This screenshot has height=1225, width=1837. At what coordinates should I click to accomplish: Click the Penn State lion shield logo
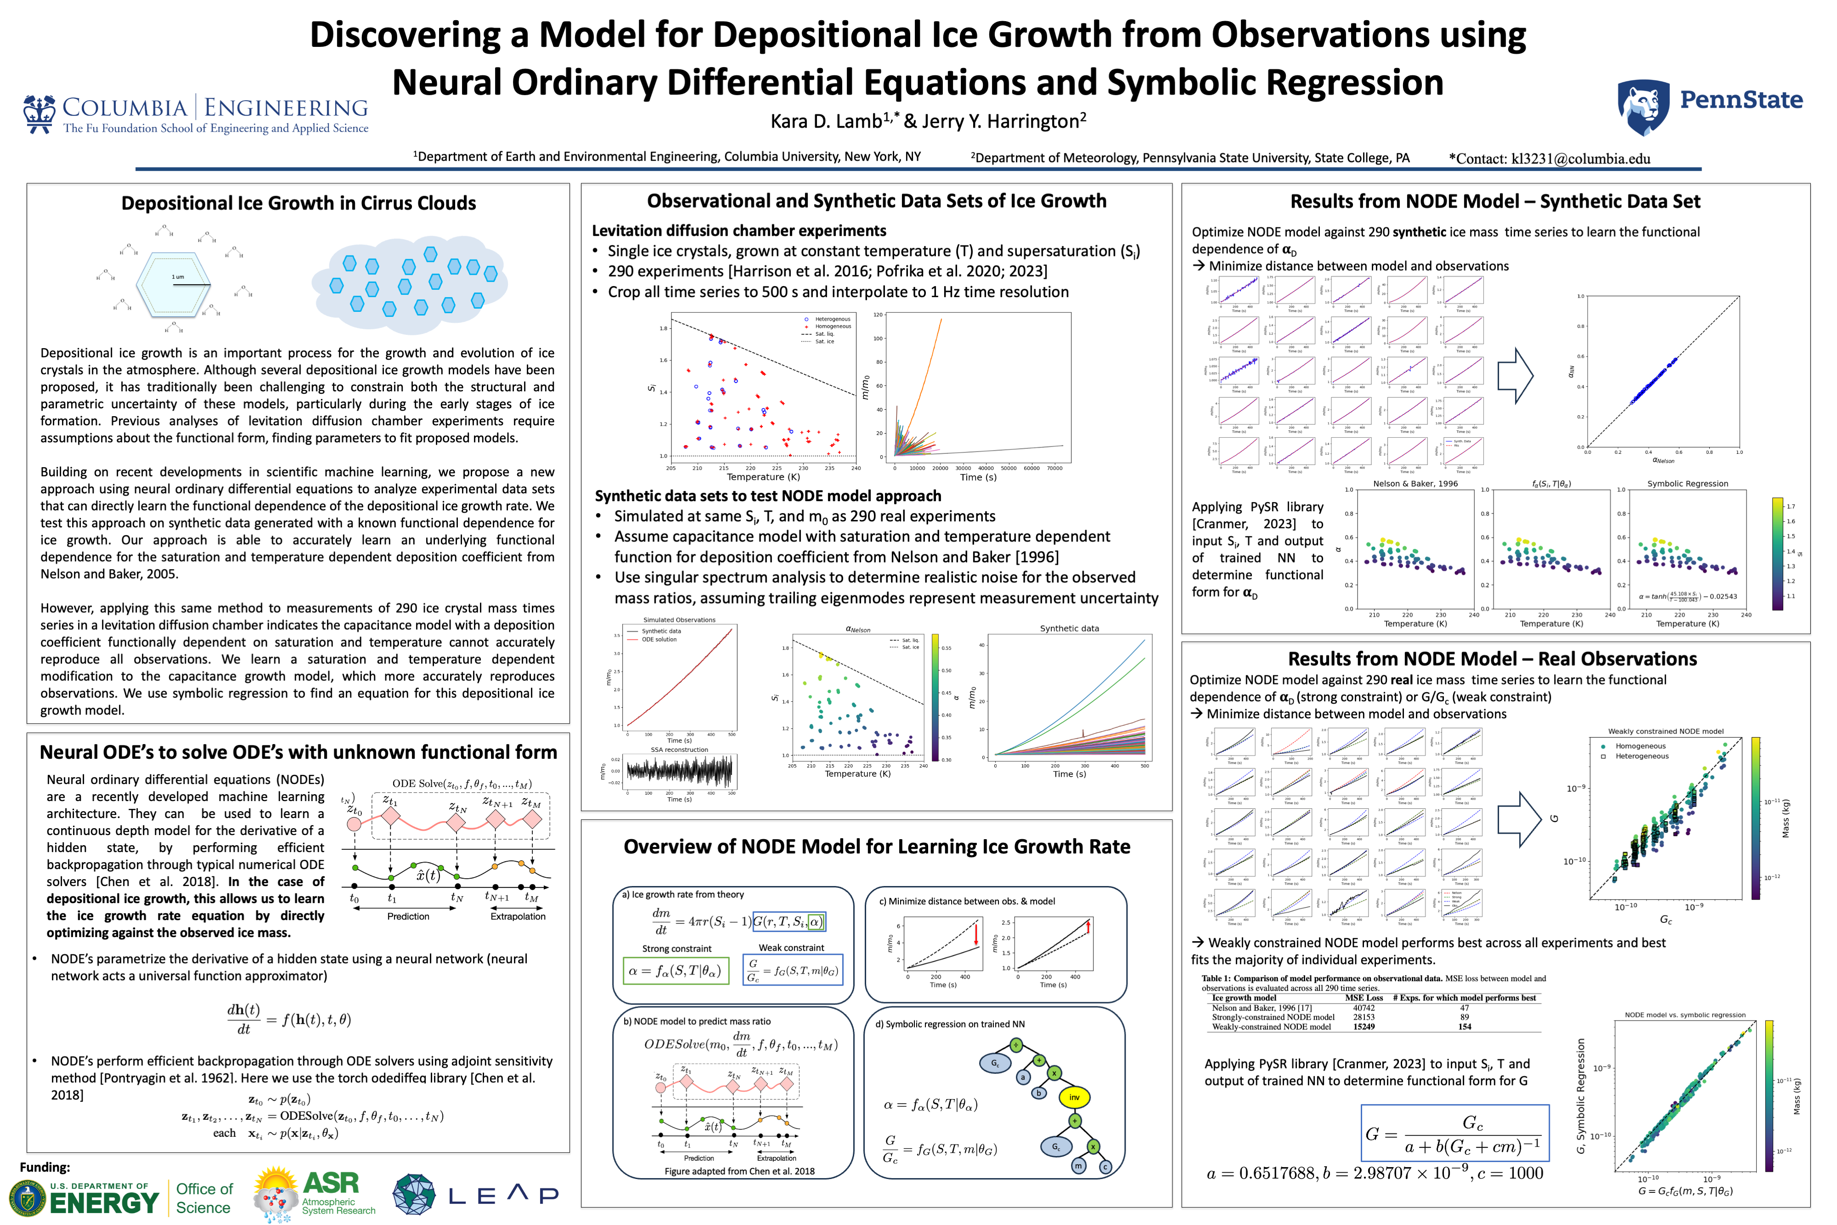[x=1643, y=108]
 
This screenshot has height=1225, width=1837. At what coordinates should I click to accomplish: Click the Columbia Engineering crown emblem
[x=39, y=113]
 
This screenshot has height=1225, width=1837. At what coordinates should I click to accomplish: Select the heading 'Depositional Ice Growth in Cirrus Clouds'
[x=299, y=203]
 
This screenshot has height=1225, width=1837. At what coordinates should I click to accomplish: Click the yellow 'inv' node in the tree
[x=1075, y=1098]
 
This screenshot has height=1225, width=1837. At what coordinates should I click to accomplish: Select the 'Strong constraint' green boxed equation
[x=675, y=971]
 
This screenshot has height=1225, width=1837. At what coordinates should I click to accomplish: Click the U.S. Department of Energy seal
[x=28, y=1197]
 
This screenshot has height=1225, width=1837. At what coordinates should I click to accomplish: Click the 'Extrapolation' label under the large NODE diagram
[x=518, y=916]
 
